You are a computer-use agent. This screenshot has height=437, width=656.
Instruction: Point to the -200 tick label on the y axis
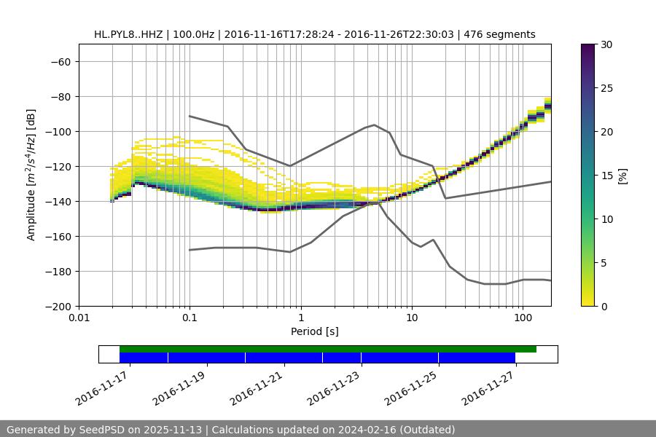[58, 307]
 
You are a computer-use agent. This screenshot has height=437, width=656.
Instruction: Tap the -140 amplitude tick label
[58, 202]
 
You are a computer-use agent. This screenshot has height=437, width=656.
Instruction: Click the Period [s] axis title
[315, 332]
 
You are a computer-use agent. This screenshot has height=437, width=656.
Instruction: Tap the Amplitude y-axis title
[31, 176]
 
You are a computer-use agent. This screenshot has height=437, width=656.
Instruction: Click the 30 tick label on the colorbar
[605, 44]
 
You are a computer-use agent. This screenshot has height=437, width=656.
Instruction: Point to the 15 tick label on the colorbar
[605, 176]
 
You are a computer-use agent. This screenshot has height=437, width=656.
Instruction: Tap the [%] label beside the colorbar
[623, 176]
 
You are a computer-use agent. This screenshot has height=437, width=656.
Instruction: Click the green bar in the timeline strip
[328, 349]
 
